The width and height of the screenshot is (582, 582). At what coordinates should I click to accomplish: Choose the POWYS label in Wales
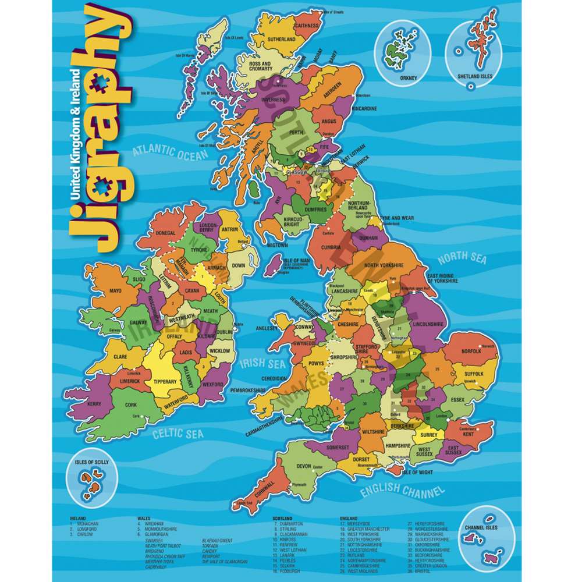316,364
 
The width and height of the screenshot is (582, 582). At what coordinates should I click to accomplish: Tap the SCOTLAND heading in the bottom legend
282,517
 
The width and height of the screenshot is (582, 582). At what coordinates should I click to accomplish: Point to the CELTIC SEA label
178,434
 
